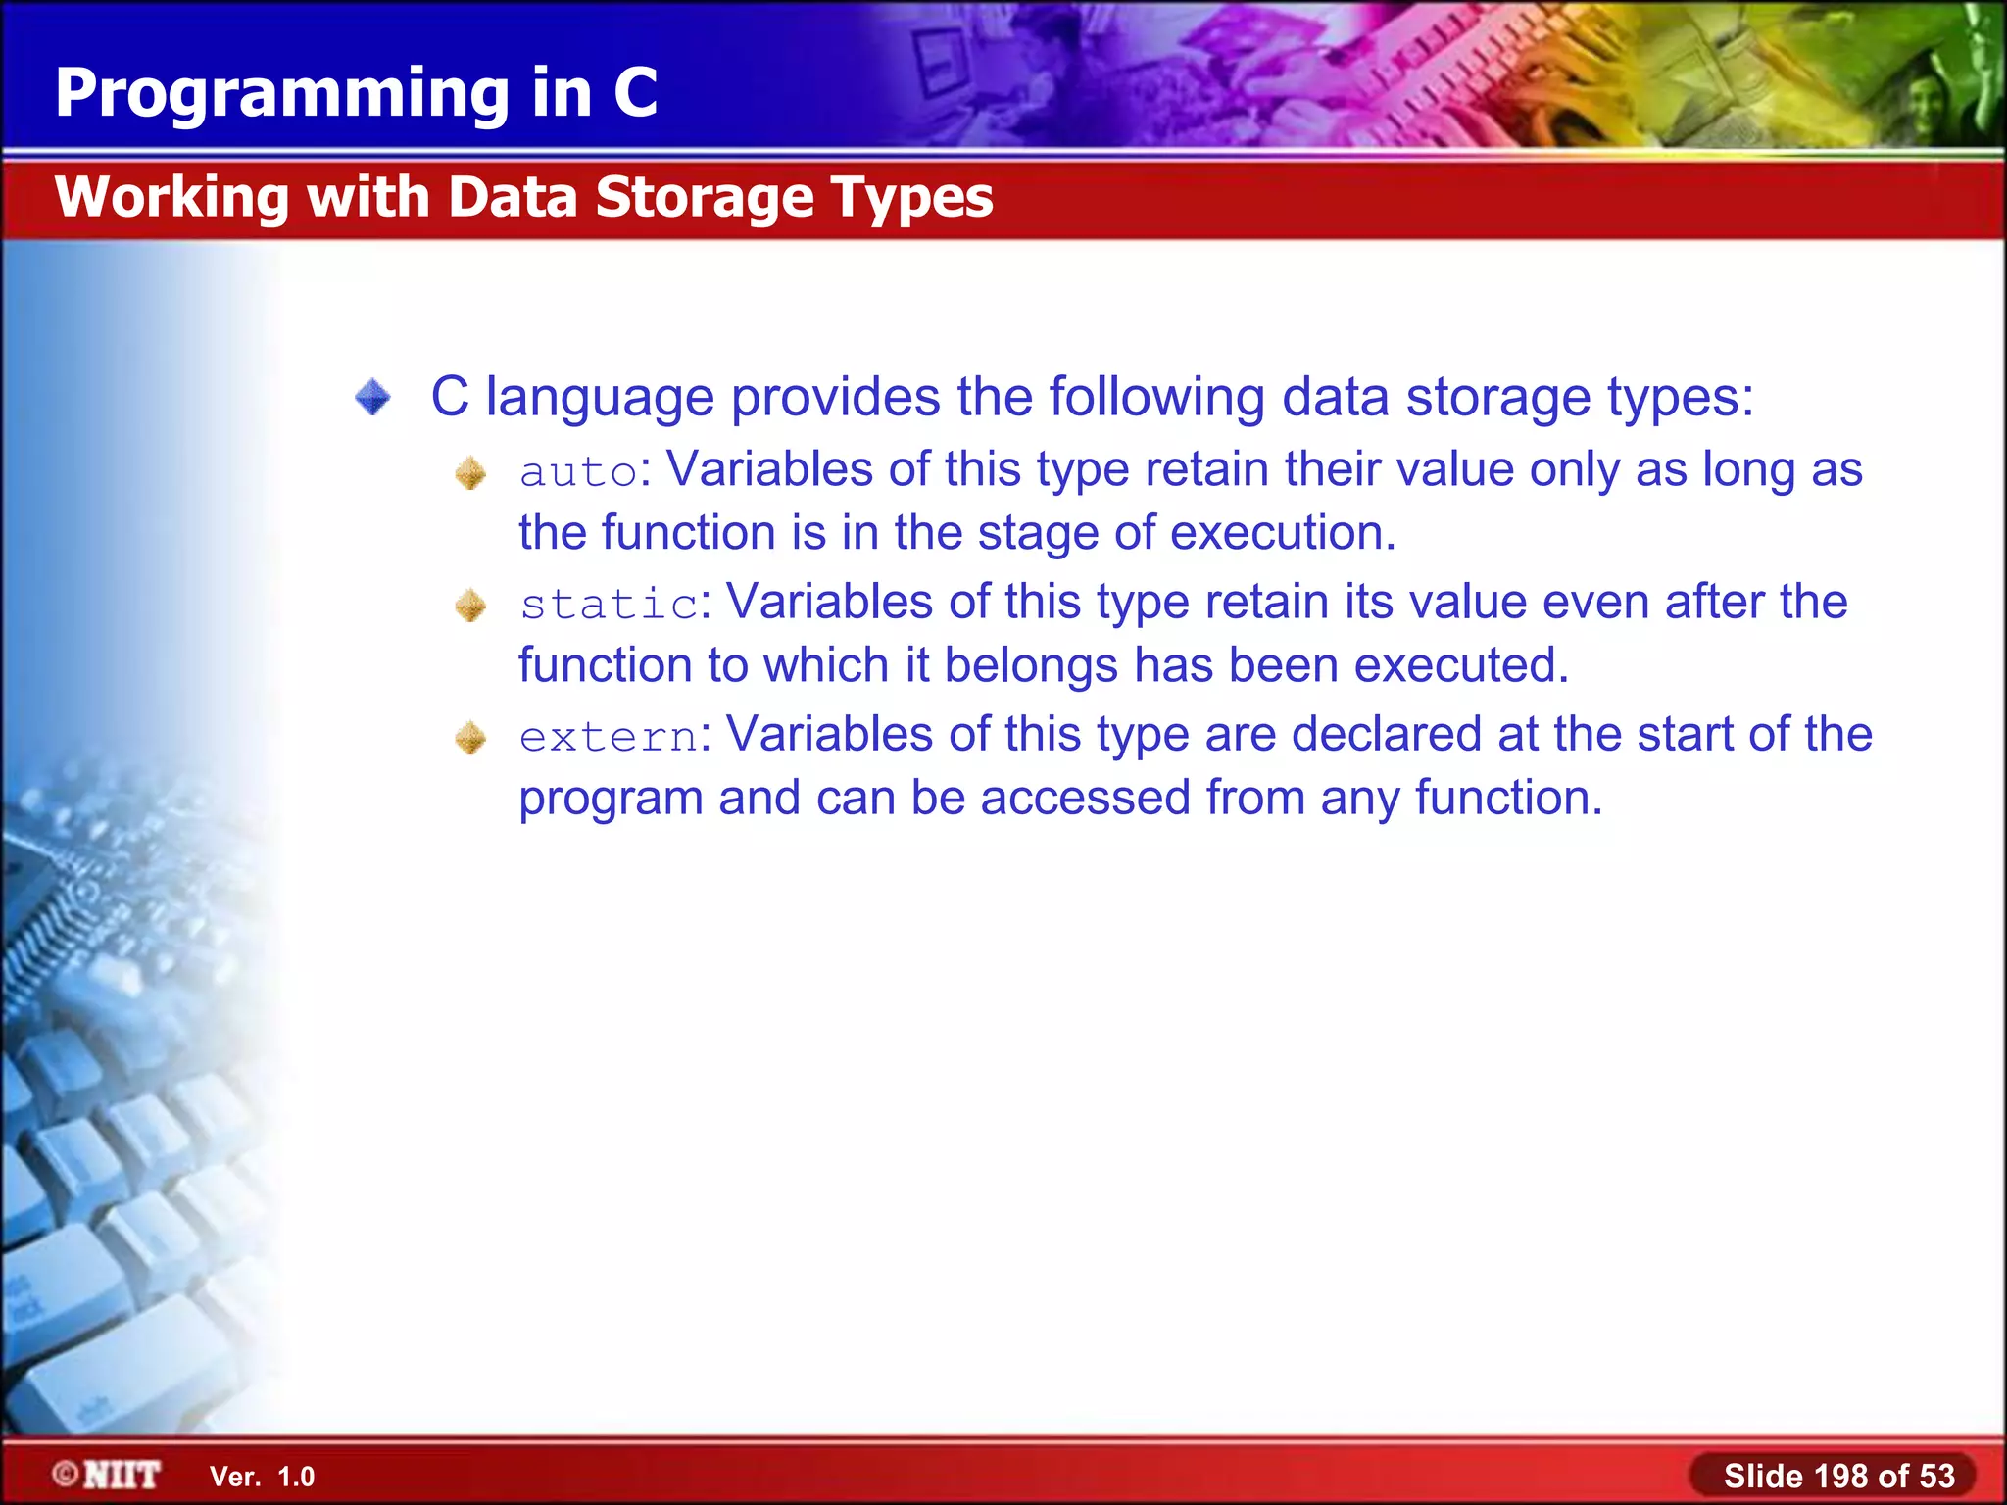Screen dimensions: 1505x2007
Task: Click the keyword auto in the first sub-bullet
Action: click(x=578, y=472)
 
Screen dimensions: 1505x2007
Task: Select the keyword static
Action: click(x=609, y=605)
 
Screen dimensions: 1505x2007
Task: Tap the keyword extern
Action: click(x=609, y=737)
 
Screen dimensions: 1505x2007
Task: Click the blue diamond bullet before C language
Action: click(x=373, y=398)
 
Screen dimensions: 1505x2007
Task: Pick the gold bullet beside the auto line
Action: click(x=470, y=474)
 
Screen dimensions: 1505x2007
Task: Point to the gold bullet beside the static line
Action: click(x=470, y=606)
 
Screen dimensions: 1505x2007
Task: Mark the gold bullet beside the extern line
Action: click(x=470, y=738)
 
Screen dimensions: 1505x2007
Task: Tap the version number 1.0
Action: click(x=295, y=1477)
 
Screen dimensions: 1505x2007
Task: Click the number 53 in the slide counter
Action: click(x=1936, y=1476)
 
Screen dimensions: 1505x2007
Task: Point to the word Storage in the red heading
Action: click(x=705, y=198)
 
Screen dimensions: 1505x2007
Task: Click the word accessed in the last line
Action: click(x=1085, y=799)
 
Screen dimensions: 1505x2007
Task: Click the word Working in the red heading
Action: click(x=172, y=198)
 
